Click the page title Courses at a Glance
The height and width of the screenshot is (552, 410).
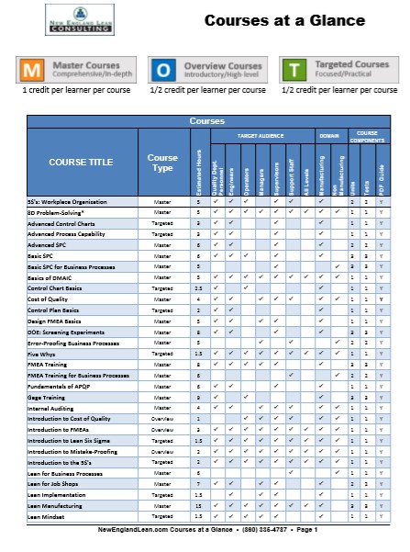[283, 20]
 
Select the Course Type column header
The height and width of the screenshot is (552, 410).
[162, 163]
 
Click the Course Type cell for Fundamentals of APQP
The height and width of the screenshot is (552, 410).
[162, 387]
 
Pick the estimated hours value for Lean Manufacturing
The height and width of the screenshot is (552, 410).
[199, 505]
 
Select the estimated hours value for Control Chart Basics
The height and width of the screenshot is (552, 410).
[199, 288]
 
